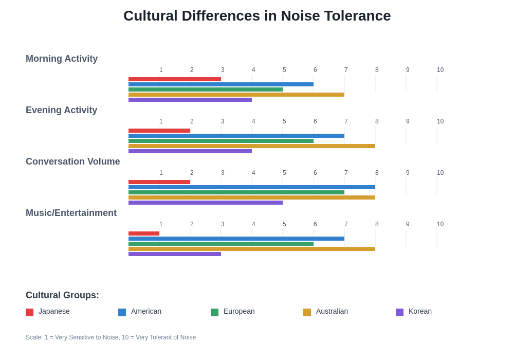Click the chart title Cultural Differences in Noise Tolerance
257,16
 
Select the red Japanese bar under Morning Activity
175,79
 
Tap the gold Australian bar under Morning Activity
236,95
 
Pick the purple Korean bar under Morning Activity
190,100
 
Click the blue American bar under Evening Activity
236,136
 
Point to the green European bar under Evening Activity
221,141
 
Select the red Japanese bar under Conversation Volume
159,182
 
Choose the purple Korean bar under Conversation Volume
206,203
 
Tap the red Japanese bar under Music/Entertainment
144,233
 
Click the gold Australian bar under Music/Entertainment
252,249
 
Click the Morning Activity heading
62,59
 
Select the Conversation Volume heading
73,161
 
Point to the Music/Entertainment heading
71,213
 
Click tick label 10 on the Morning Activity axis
440,70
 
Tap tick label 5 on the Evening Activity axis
284,121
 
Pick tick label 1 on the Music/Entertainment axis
161,224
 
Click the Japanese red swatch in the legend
30,312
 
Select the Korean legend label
420,311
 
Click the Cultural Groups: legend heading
62,295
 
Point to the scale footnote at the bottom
111,337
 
